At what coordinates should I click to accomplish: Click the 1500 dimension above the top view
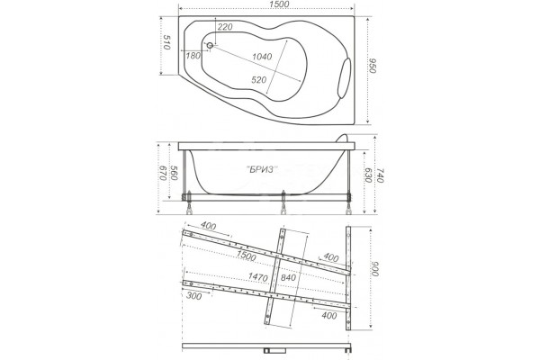pyautogui.click(x=279, y=4)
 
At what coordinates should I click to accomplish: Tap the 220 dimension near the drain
pyautogui.click(x=225, y=27)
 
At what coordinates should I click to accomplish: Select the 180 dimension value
pyautogui.click(x=193, y=56)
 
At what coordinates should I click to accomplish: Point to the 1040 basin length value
pyautogui.click(x=262, y=57)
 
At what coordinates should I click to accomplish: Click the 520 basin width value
pyautogui.click(x=259, y=80)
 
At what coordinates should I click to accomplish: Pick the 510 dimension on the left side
pyautogui.click(x=167, y=42)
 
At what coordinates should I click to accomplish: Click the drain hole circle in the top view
pyautogui.click(x=210, y=45)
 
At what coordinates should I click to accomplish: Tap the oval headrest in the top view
pyautogui.click(x=345, y=77)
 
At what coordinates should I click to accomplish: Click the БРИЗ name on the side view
pyautogui.click(x=263, y=169)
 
